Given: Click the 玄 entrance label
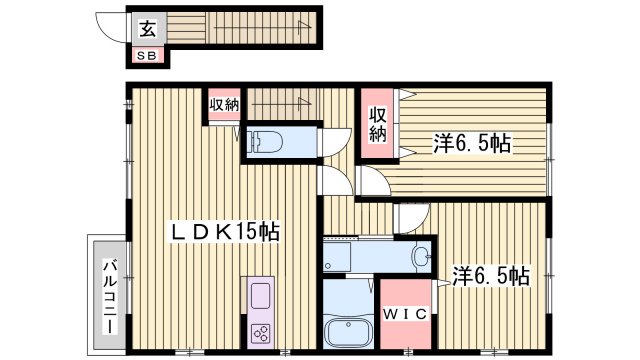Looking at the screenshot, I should click(x=147, y=29).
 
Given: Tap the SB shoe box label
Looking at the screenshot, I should click(x=146, y=56).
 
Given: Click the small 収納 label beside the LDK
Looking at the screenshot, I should click(x=224, y=105).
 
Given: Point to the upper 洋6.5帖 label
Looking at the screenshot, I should click(x=472, y=144).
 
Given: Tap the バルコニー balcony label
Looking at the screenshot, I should click(x=109, y=295).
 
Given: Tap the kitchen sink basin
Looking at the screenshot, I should click(x=260, y=298).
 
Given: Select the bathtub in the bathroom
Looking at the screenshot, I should click(x=345, y=329).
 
